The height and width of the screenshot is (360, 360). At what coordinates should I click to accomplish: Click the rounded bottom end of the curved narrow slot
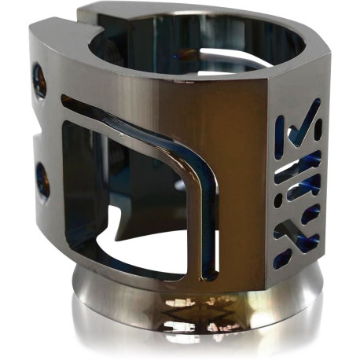click(x=208, y=271)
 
